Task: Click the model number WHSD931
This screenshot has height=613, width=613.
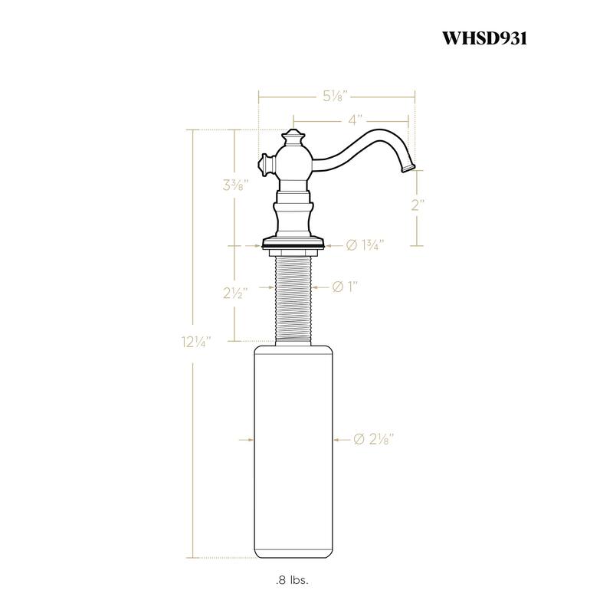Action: [x=484, y=38]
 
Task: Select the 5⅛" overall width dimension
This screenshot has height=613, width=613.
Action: [x=336, y=96]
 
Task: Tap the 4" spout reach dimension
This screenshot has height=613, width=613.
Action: [x=354, y=120]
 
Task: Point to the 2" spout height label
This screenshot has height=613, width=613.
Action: [x=417, y=205]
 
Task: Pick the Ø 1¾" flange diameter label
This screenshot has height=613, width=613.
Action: [x=365, y=245]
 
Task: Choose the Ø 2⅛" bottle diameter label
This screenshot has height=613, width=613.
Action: [x=375, y=439]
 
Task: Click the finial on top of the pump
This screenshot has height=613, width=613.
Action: [x=294, y=139]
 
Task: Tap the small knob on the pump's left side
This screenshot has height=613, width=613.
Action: [x=264, y=163]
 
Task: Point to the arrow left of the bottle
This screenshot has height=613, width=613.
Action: [x=246, y=439]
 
